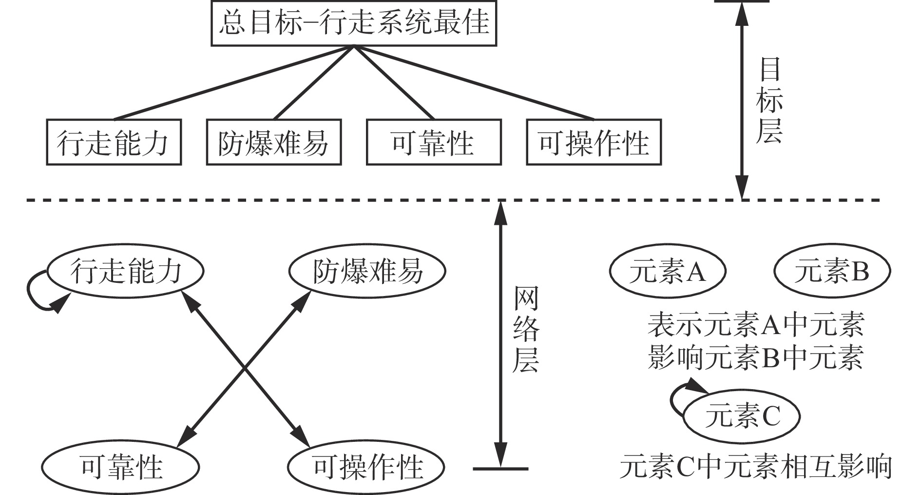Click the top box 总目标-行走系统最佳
(x=354, y=23)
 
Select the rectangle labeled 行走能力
(x=114, y=142)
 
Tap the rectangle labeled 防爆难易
(x=273, y=142)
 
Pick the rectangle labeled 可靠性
(x=433, y=142)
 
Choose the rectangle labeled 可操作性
(x=594, y=142)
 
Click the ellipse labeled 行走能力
(x=125, y=271)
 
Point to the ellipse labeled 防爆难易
(x=367, y=271)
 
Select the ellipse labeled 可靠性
(x=120, y=467)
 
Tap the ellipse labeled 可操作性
(x=366, y=467)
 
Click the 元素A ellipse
(x=667, y=271)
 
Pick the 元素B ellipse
(x=832, y=271)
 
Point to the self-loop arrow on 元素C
(x=677, y=395)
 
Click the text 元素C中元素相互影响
(x=755, y=467)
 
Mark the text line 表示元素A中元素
(x=755, y=325)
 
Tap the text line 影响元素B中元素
(x=755, y=357)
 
